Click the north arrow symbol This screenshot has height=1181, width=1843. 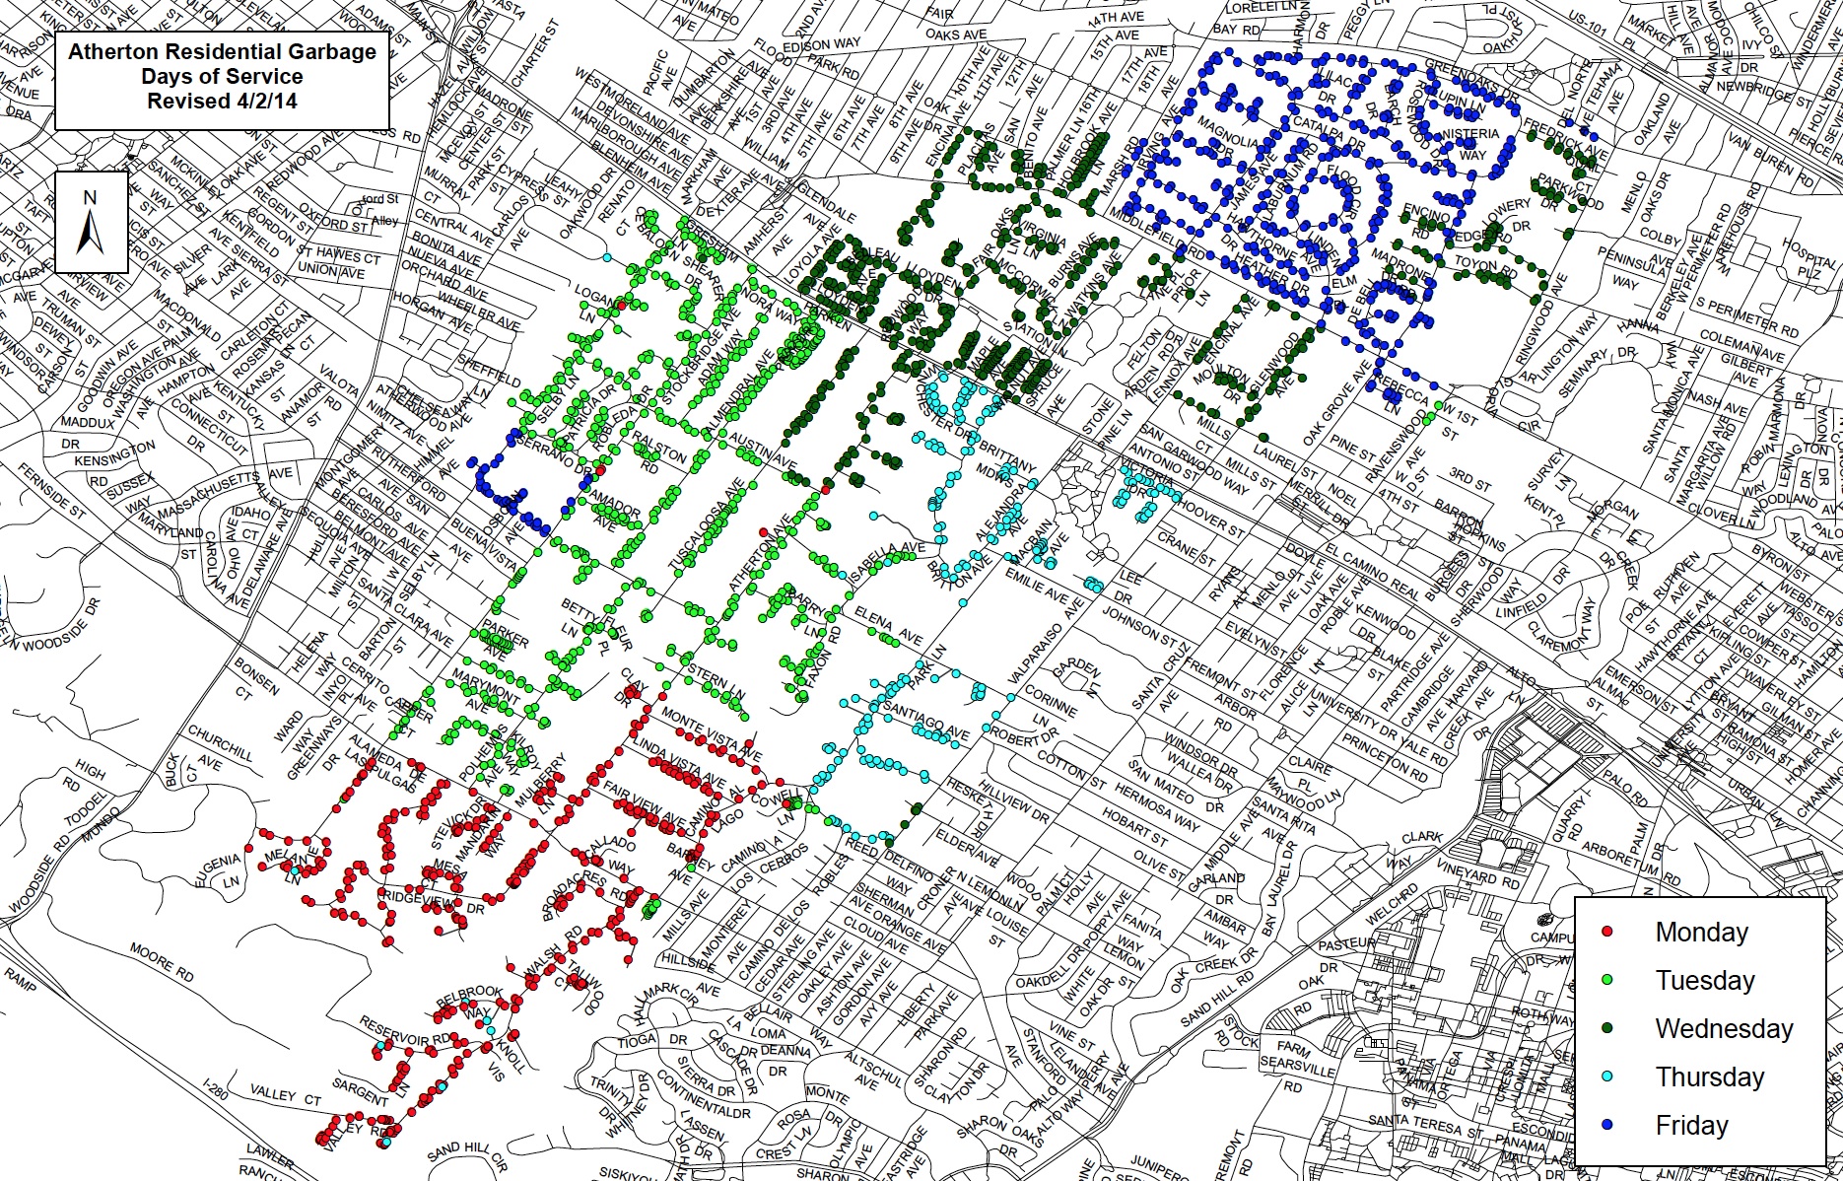tap(91, 222)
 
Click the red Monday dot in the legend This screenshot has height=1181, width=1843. tap(1607, 932)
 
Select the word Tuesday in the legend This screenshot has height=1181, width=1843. tap(1705, 980)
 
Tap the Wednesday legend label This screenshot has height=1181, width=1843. tap(1724, 1028)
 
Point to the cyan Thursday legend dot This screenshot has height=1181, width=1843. tap(1607, 1077)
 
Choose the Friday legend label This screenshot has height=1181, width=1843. tap(1691, 1125)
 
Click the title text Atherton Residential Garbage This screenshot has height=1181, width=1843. tap(222, 52)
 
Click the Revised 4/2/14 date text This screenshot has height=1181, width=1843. tap(222, 101)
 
